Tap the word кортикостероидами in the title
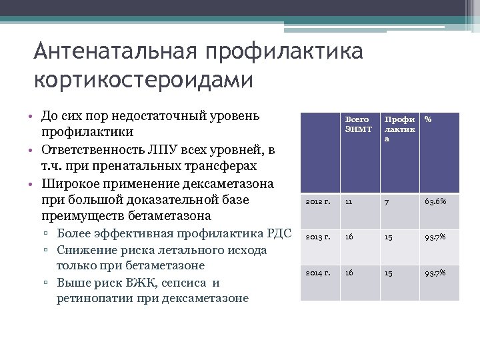(x=143, y=79)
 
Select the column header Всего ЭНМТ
(x=357, y=124)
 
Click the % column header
(x=428, y=119)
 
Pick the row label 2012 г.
(x=318, y=201)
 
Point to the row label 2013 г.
(x=318, y=237)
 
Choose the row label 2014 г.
(x=318, y=273)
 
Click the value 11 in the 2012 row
(x=349, y=201)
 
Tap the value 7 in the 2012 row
(x=385, y=201)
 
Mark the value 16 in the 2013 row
(x=349, y=237)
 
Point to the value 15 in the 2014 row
(x=387, y=273)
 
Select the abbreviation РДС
(x=279, y=233)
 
